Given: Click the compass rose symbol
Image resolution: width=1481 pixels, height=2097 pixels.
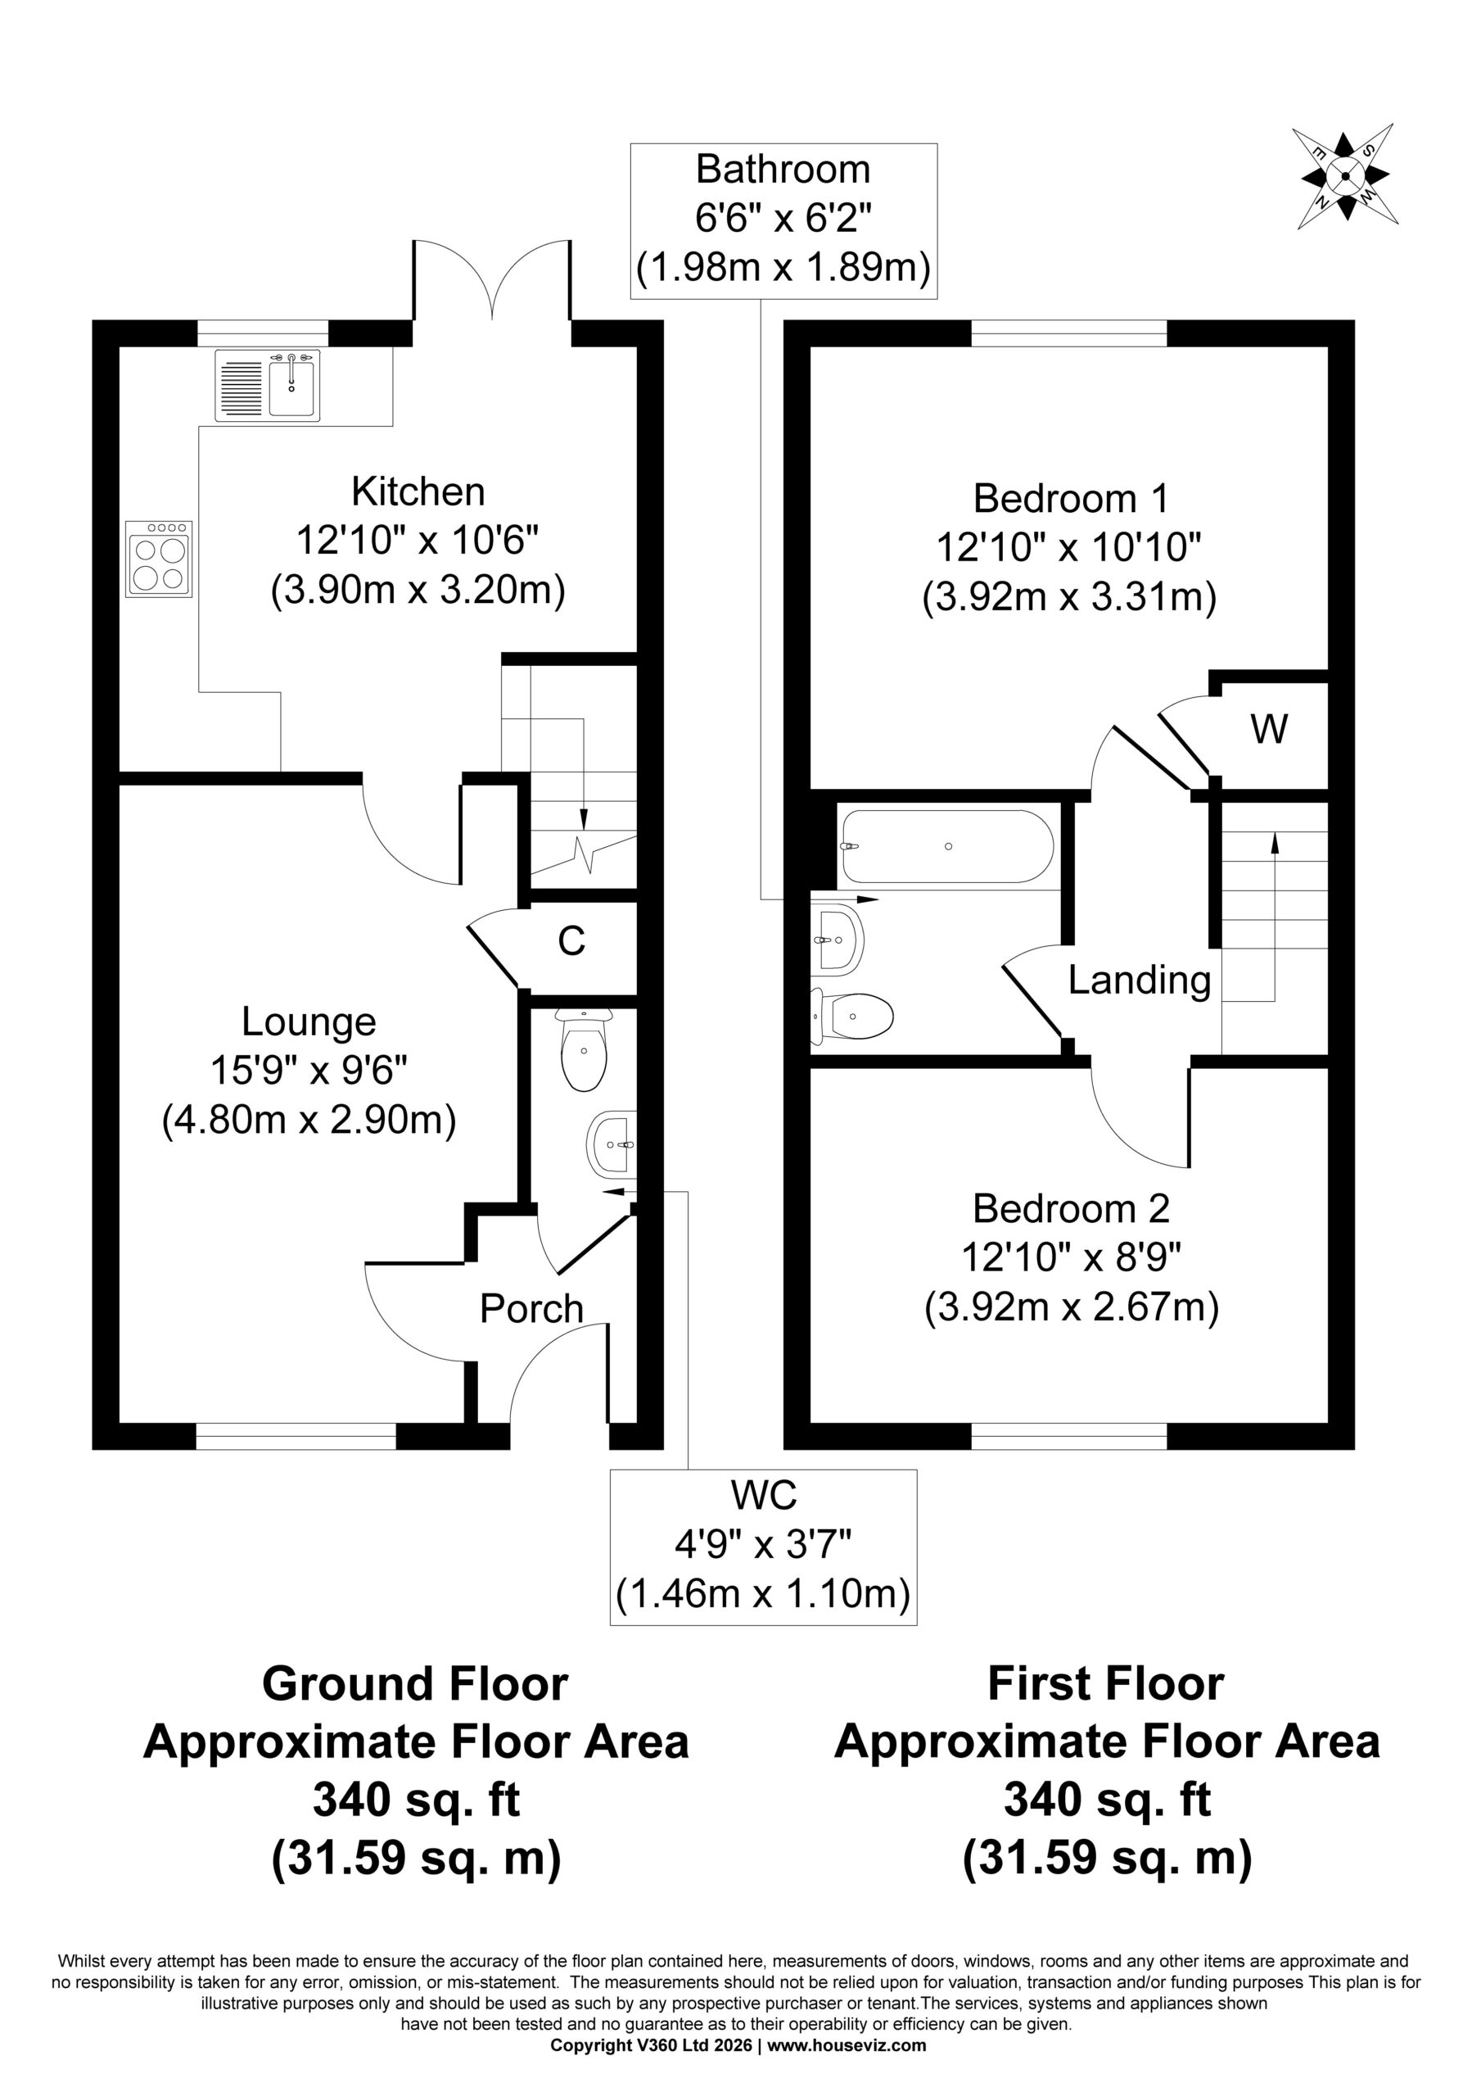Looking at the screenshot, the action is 1345,175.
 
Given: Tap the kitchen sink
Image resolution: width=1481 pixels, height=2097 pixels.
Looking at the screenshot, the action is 268,387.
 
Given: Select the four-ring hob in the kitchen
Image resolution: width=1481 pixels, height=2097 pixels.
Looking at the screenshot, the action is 159,559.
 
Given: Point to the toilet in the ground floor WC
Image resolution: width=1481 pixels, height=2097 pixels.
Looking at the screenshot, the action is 585,1051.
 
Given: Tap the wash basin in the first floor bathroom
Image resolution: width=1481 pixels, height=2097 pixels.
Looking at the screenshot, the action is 837,939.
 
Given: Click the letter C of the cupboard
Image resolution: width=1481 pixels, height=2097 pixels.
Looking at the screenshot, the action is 571,940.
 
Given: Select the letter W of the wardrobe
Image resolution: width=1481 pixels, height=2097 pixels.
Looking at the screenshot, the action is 1269,730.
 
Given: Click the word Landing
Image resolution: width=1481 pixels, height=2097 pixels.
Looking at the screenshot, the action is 1140,981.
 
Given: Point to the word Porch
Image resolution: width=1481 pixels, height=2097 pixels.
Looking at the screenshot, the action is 531,1309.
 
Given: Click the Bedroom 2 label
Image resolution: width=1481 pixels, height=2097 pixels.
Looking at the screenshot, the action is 1071,1208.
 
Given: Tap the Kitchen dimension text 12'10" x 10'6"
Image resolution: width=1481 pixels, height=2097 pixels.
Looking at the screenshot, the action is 418,541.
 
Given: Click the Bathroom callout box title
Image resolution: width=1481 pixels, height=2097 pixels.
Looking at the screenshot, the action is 783,170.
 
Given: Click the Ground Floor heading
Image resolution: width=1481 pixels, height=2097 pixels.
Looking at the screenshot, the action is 415,1683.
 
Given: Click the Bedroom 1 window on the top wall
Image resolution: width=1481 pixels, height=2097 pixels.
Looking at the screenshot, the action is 1069,333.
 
